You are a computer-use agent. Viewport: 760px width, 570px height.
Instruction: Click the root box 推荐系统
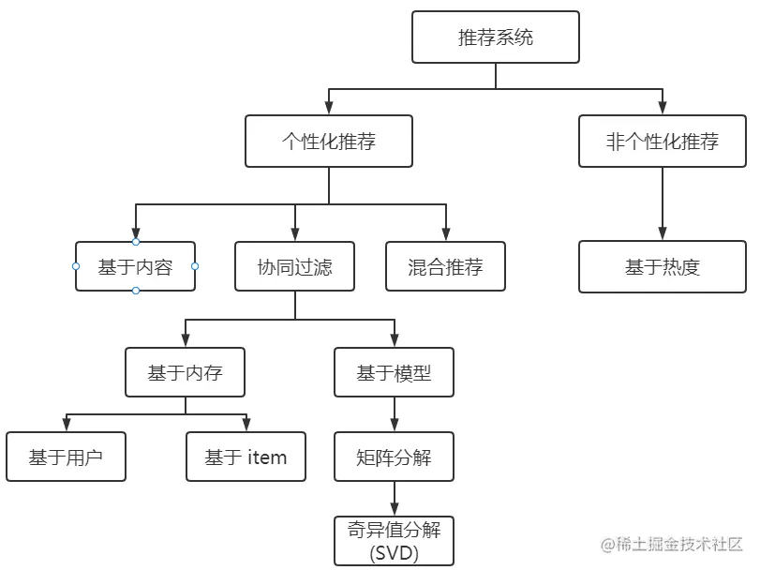click(x=496, y=37)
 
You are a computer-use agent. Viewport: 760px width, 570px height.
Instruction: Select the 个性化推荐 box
click(x=329, y=142)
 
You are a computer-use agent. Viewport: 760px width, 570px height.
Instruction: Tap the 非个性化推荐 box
click(x=663, y=142)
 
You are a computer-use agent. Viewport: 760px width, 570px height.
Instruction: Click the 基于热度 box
click(x=663, y=266)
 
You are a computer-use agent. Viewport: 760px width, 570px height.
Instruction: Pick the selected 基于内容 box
click(x=136, y=266)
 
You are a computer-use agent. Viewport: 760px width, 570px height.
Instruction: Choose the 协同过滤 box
click(x=295, y=266)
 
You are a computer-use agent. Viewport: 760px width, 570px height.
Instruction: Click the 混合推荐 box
click(x=446, y=266)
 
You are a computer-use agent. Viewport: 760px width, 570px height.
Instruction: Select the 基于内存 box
click(x=185, y=372)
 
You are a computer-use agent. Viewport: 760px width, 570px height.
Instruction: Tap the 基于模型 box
click(x=394, y=372)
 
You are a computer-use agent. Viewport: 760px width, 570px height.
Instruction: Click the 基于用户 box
click(x=66, y=457)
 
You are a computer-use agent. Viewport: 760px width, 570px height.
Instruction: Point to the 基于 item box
click(x=246, y=457)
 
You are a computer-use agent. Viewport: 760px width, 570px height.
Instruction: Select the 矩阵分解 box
click(x=394, y=457)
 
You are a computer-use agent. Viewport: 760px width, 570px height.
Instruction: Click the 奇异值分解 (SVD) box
click(x=394, y=541)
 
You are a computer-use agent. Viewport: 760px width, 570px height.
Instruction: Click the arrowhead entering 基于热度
click(x=663, y=235)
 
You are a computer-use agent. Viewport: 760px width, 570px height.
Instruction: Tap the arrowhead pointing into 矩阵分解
click(x=394, y=426)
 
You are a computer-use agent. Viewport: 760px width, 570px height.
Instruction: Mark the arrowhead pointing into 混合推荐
click(x=446, y=235)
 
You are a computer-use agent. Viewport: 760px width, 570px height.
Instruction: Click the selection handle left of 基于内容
click(x=76, y=266)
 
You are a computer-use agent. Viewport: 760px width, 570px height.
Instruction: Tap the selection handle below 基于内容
click(x=136, y=291)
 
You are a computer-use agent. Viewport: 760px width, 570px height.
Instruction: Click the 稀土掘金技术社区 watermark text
click(x=679, y=545)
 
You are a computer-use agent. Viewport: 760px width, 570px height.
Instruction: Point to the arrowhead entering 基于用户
click(x=66, y=426)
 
